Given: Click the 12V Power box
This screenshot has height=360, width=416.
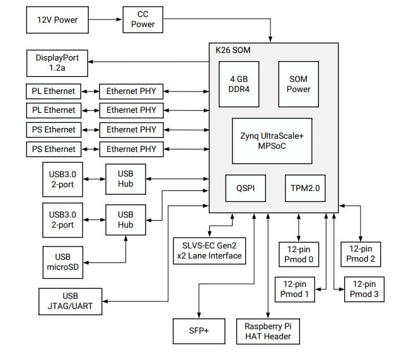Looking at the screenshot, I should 57,20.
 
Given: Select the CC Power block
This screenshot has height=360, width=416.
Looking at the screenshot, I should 143,19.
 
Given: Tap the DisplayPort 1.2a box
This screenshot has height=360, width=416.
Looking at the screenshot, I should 57,62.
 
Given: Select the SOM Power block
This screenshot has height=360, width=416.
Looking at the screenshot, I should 298,84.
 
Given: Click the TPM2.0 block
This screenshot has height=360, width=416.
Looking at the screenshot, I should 304,187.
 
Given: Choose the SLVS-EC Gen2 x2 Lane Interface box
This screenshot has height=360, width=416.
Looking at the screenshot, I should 208,250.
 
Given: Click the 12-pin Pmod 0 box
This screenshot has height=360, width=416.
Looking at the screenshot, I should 299,254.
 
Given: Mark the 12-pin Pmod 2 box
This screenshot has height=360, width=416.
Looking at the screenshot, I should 361,254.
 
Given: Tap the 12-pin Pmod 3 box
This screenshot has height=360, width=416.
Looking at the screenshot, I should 364,289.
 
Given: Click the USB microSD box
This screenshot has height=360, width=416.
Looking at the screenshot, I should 62,262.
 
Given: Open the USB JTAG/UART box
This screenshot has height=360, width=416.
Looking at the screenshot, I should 70,301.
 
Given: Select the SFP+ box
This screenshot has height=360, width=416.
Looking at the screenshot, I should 199,331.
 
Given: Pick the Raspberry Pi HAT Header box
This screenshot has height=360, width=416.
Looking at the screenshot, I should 268,331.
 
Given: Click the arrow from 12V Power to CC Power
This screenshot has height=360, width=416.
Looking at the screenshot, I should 105,20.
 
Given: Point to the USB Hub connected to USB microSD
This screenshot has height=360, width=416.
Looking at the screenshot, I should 125,219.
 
